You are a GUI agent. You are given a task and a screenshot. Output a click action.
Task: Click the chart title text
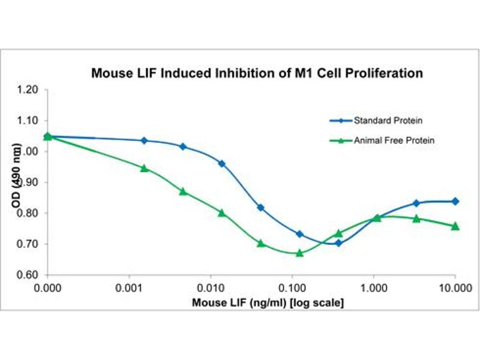pos(257,74)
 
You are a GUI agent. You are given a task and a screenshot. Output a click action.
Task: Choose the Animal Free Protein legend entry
pos(383,140)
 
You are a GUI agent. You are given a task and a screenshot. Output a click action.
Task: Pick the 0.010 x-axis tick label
pos(211,287)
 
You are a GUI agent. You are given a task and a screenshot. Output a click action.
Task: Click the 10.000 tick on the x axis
pos(455,287)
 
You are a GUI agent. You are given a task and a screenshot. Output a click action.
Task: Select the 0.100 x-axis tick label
pos(292,287)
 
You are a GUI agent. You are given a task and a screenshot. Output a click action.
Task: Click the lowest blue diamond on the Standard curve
pos(338,243)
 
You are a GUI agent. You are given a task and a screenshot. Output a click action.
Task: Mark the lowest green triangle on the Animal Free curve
pos(299,253)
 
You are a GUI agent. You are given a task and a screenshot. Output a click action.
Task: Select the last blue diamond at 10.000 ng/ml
pos(455,201)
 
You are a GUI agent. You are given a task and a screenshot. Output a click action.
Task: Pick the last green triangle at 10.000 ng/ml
pos(455,226)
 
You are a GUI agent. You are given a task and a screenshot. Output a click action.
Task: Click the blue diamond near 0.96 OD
pos(222,163)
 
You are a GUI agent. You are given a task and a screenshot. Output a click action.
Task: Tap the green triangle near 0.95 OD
pos(144,168)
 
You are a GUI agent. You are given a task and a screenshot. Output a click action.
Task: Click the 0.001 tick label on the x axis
pos(129,287)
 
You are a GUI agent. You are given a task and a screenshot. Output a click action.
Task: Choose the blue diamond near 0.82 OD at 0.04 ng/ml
pos(260,208)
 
